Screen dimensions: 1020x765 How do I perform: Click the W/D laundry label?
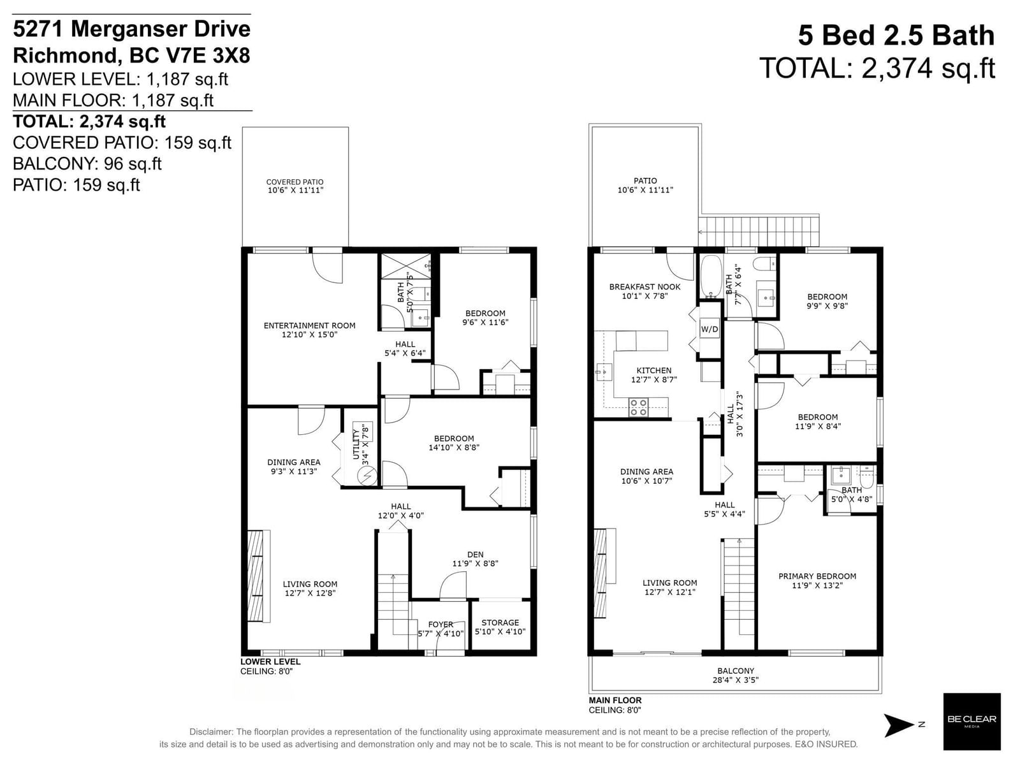709,330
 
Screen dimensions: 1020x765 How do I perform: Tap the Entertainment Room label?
309,326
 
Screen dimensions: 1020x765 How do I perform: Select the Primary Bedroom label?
817,576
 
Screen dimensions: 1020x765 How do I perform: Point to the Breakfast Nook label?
645,287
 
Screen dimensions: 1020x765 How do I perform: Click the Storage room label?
500,622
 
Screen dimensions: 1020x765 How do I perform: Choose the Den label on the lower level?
475,555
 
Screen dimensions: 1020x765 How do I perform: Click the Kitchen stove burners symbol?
638,407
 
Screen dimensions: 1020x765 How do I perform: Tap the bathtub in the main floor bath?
710,277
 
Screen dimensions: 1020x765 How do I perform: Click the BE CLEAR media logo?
972,722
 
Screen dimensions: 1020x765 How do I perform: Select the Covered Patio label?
295,182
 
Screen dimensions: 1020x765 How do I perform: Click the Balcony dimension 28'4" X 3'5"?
736,680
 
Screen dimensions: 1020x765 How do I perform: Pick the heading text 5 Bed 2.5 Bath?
896,36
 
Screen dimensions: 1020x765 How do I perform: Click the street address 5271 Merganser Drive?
131,29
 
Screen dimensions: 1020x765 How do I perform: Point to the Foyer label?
441,624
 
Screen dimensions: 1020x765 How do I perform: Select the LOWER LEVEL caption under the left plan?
270,662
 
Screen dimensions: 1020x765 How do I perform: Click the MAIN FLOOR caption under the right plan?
615,700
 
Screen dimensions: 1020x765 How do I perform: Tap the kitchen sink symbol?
604,372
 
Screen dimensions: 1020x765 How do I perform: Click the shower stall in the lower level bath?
406,266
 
